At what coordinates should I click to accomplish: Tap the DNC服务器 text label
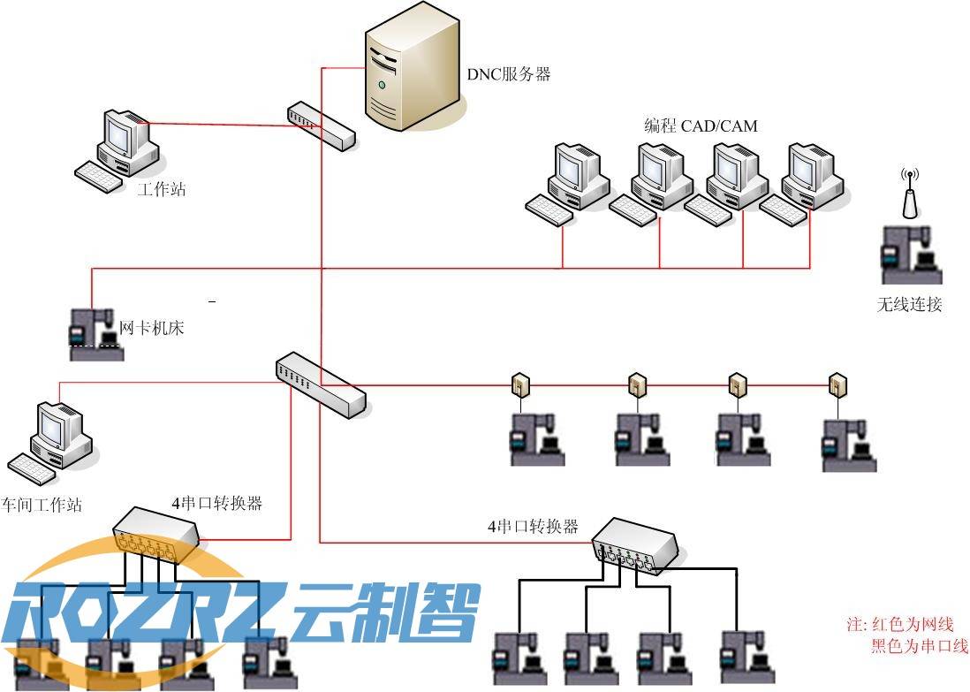tap(509, 75)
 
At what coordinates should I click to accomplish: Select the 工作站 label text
tap(162, 189)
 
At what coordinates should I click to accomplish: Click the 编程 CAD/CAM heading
tap(701, 126)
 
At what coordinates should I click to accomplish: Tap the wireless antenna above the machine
tap(907, 194)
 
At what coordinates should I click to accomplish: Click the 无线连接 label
tap(909, 306)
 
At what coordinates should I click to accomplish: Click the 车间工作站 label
tap(42, 505)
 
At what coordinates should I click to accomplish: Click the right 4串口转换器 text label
tap(533, 527)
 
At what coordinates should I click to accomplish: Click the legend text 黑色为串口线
tap(919, 646)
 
